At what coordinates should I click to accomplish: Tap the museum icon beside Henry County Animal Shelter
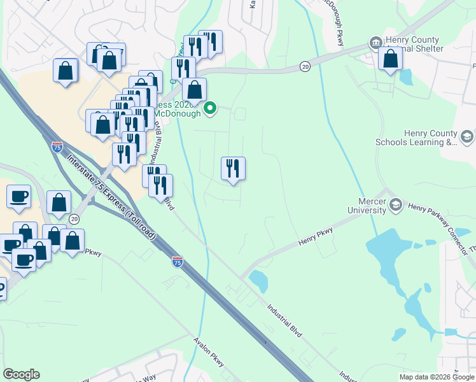click(375, 44)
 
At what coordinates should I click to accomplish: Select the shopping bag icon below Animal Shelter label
click(390, 59)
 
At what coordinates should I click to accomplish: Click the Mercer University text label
click(367, 204)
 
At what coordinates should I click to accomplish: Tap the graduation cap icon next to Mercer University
click(396, 204)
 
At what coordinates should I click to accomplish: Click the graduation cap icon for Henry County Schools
click(466, 137)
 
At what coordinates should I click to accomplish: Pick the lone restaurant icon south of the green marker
click(233, 169)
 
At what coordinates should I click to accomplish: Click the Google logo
click(21, 374)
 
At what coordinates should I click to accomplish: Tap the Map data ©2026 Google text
click(436, 377)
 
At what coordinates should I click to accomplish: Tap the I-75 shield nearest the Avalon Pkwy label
click(177, 262)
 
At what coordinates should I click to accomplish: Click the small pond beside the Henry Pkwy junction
click(258, 278)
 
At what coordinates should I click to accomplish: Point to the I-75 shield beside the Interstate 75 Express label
click(56, 146)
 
